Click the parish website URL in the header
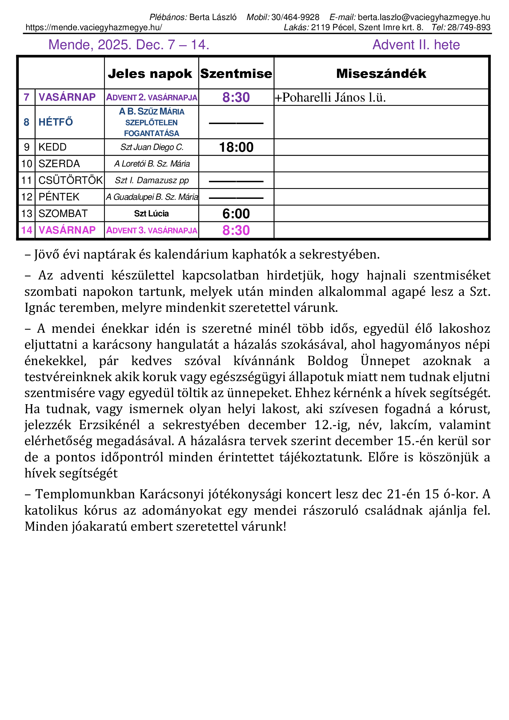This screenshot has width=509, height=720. coord(94,28)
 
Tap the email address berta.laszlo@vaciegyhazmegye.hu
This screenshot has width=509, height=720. coord(424,17)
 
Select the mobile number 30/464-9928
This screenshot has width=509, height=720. coord(295,17)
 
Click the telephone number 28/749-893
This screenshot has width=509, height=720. coord(469,28)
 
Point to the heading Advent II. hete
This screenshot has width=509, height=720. coord(416,45)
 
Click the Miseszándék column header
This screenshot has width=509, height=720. coord(381,74)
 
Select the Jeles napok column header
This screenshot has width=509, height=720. coord(150,74)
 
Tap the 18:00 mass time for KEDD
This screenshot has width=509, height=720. coord(236,147)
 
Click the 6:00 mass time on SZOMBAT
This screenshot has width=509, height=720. coord(236,214)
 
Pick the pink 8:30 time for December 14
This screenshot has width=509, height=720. coord(236,231)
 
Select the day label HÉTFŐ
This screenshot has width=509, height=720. coord(56,122)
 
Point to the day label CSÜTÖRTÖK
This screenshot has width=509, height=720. coord(70,180)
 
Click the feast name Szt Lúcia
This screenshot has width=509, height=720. coord(151,214)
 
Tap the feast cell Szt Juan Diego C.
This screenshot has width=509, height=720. coord(152,147)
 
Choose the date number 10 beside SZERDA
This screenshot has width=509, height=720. coord(27,164)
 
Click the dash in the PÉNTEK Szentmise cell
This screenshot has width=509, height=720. coord(236,198)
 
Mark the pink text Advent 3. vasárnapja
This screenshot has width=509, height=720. coord(152,231)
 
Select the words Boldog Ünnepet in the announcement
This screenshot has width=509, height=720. coord(358,361)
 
